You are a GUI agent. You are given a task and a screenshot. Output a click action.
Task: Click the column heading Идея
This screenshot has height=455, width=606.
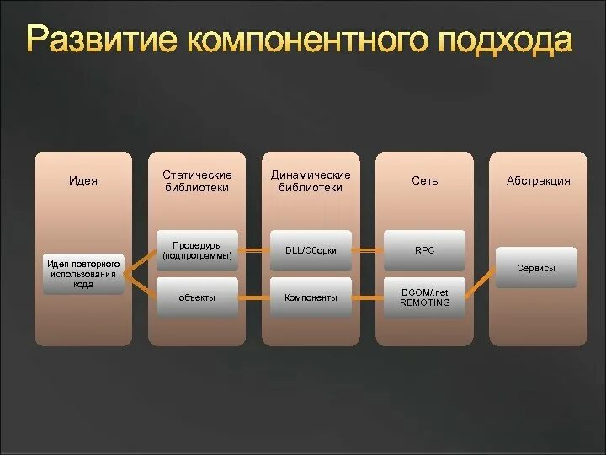click(82, 180)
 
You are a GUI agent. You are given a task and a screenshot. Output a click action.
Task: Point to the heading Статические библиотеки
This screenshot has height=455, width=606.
click(197, 181)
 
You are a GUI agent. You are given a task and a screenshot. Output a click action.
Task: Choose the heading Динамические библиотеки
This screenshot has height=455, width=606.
click(311, 181)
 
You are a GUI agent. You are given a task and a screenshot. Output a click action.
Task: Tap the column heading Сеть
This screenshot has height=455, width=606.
click(424, 180)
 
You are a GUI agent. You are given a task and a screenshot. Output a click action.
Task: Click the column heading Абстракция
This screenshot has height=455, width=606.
click(538, 180)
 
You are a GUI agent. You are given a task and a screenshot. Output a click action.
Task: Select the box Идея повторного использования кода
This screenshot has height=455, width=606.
click(82, 274)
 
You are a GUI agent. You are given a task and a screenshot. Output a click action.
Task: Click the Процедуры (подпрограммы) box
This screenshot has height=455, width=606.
click(197, 250)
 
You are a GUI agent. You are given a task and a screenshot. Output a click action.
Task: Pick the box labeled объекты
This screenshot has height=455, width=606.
click(197, 297)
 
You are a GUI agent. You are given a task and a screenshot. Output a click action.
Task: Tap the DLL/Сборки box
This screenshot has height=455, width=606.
click(311, 250)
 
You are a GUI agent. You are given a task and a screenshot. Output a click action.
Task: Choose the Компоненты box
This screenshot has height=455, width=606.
click(311, 297)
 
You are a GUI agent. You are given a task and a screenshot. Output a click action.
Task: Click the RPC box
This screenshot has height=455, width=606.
click(424, 250)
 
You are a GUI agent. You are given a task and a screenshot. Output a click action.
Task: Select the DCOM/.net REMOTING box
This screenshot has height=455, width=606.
click(424, 297)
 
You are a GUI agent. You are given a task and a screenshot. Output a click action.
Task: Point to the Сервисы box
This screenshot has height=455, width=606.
click(535, 268)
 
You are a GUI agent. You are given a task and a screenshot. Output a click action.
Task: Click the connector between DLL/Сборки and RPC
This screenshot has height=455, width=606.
click(367, 250)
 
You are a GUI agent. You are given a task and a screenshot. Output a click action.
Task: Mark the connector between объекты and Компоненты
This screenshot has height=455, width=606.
click(253, 297)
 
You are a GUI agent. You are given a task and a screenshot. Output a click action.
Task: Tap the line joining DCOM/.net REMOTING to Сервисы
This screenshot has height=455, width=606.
click(480, 283)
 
